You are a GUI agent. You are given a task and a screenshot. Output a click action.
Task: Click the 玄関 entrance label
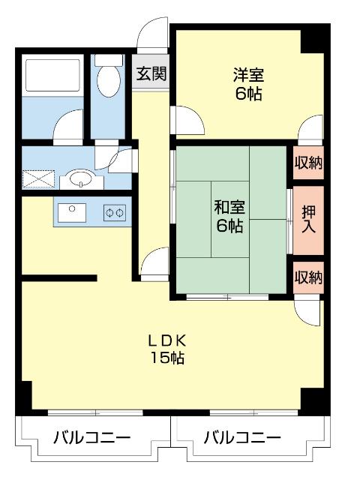151,73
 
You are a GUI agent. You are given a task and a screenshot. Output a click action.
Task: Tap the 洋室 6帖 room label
248,84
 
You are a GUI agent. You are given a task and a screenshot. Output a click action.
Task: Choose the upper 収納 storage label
307,163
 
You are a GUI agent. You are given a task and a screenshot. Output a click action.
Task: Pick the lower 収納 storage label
307,277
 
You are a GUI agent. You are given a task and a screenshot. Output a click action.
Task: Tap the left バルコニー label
91,437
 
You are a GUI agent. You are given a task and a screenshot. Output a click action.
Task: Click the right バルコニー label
242,437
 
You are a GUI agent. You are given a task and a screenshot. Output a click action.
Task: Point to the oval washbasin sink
78,179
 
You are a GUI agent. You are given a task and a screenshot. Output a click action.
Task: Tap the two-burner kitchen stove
114,212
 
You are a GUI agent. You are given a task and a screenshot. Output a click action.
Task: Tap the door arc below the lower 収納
308,308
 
